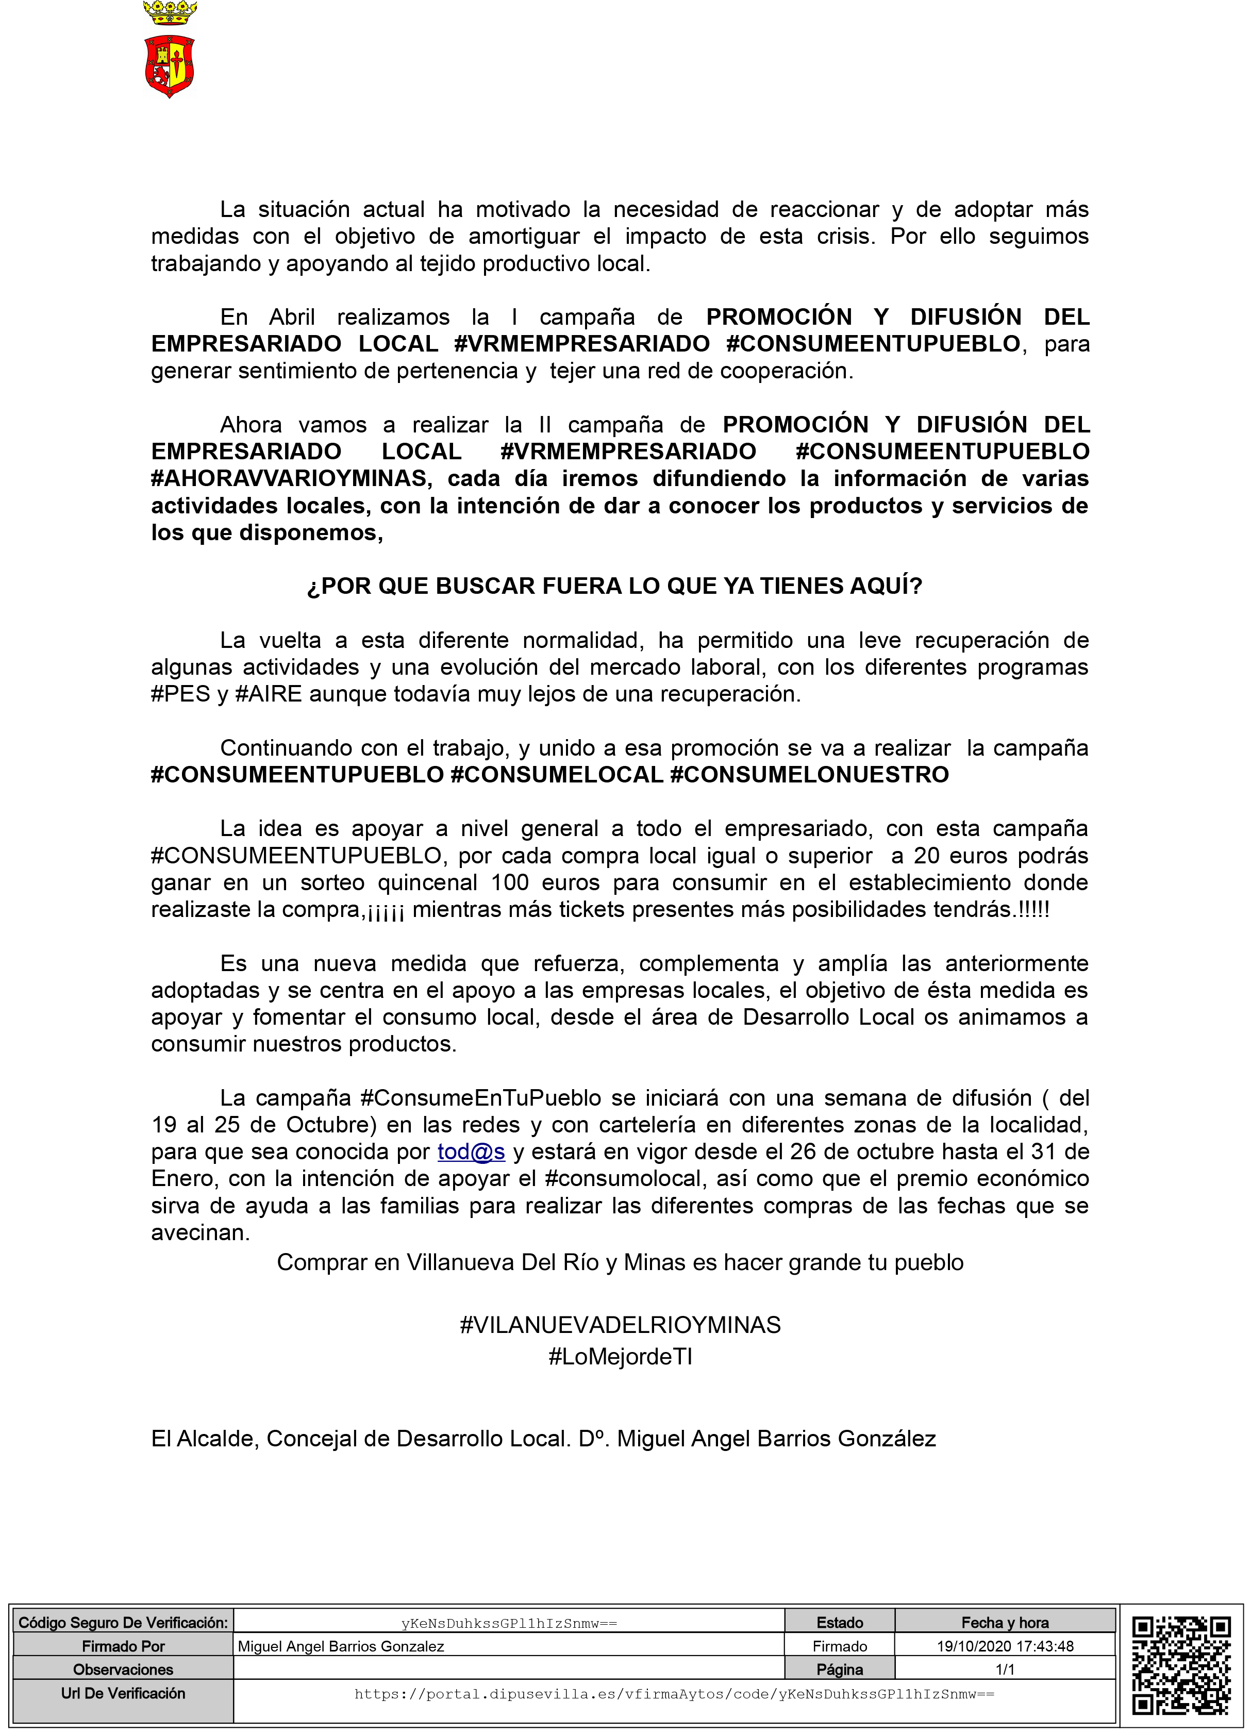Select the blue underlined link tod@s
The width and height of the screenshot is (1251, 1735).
[x=471, y=1152]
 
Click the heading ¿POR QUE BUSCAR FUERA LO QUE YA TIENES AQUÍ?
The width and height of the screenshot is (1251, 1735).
[x=614, y=586]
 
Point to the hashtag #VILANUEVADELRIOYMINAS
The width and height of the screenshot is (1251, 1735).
[x=620, y=1325]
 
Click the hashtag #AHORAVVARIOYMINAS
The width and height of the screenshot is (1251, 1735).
[x=291, y=479]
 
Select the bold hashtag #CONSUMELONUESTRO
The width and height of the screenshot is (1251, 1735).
[x=809, y=775]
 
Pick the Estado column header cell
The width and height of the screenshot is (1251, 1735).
[x=839, y=1623]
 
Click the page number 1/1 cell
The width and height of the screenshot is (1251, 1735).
[x=1005, y=1669]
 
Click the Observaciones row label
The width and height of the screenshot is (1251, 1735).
[x=123, y=1669]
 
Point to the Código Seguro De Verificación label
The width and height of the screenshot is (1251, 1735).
[x=123, y=1623]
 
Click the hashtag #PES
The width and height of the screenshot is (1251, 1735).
[x=180, y=694]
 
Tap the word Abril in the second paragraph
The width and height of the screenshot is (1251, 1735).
[x=292, y=316]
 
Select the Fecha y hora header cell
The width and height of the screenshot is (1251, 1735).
[x=1005, y=1623]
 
